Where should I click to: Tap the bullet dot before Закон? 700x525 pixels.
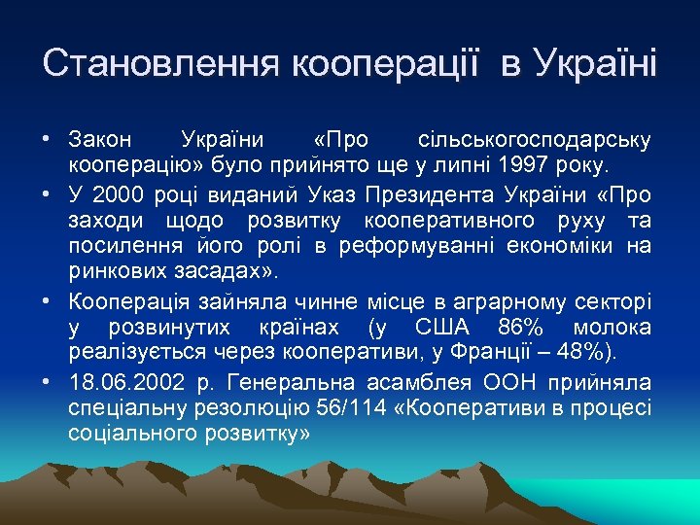[x=48, y=138]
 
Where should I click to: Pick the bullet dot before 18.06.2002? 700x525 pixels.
[x=48, y=382]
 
